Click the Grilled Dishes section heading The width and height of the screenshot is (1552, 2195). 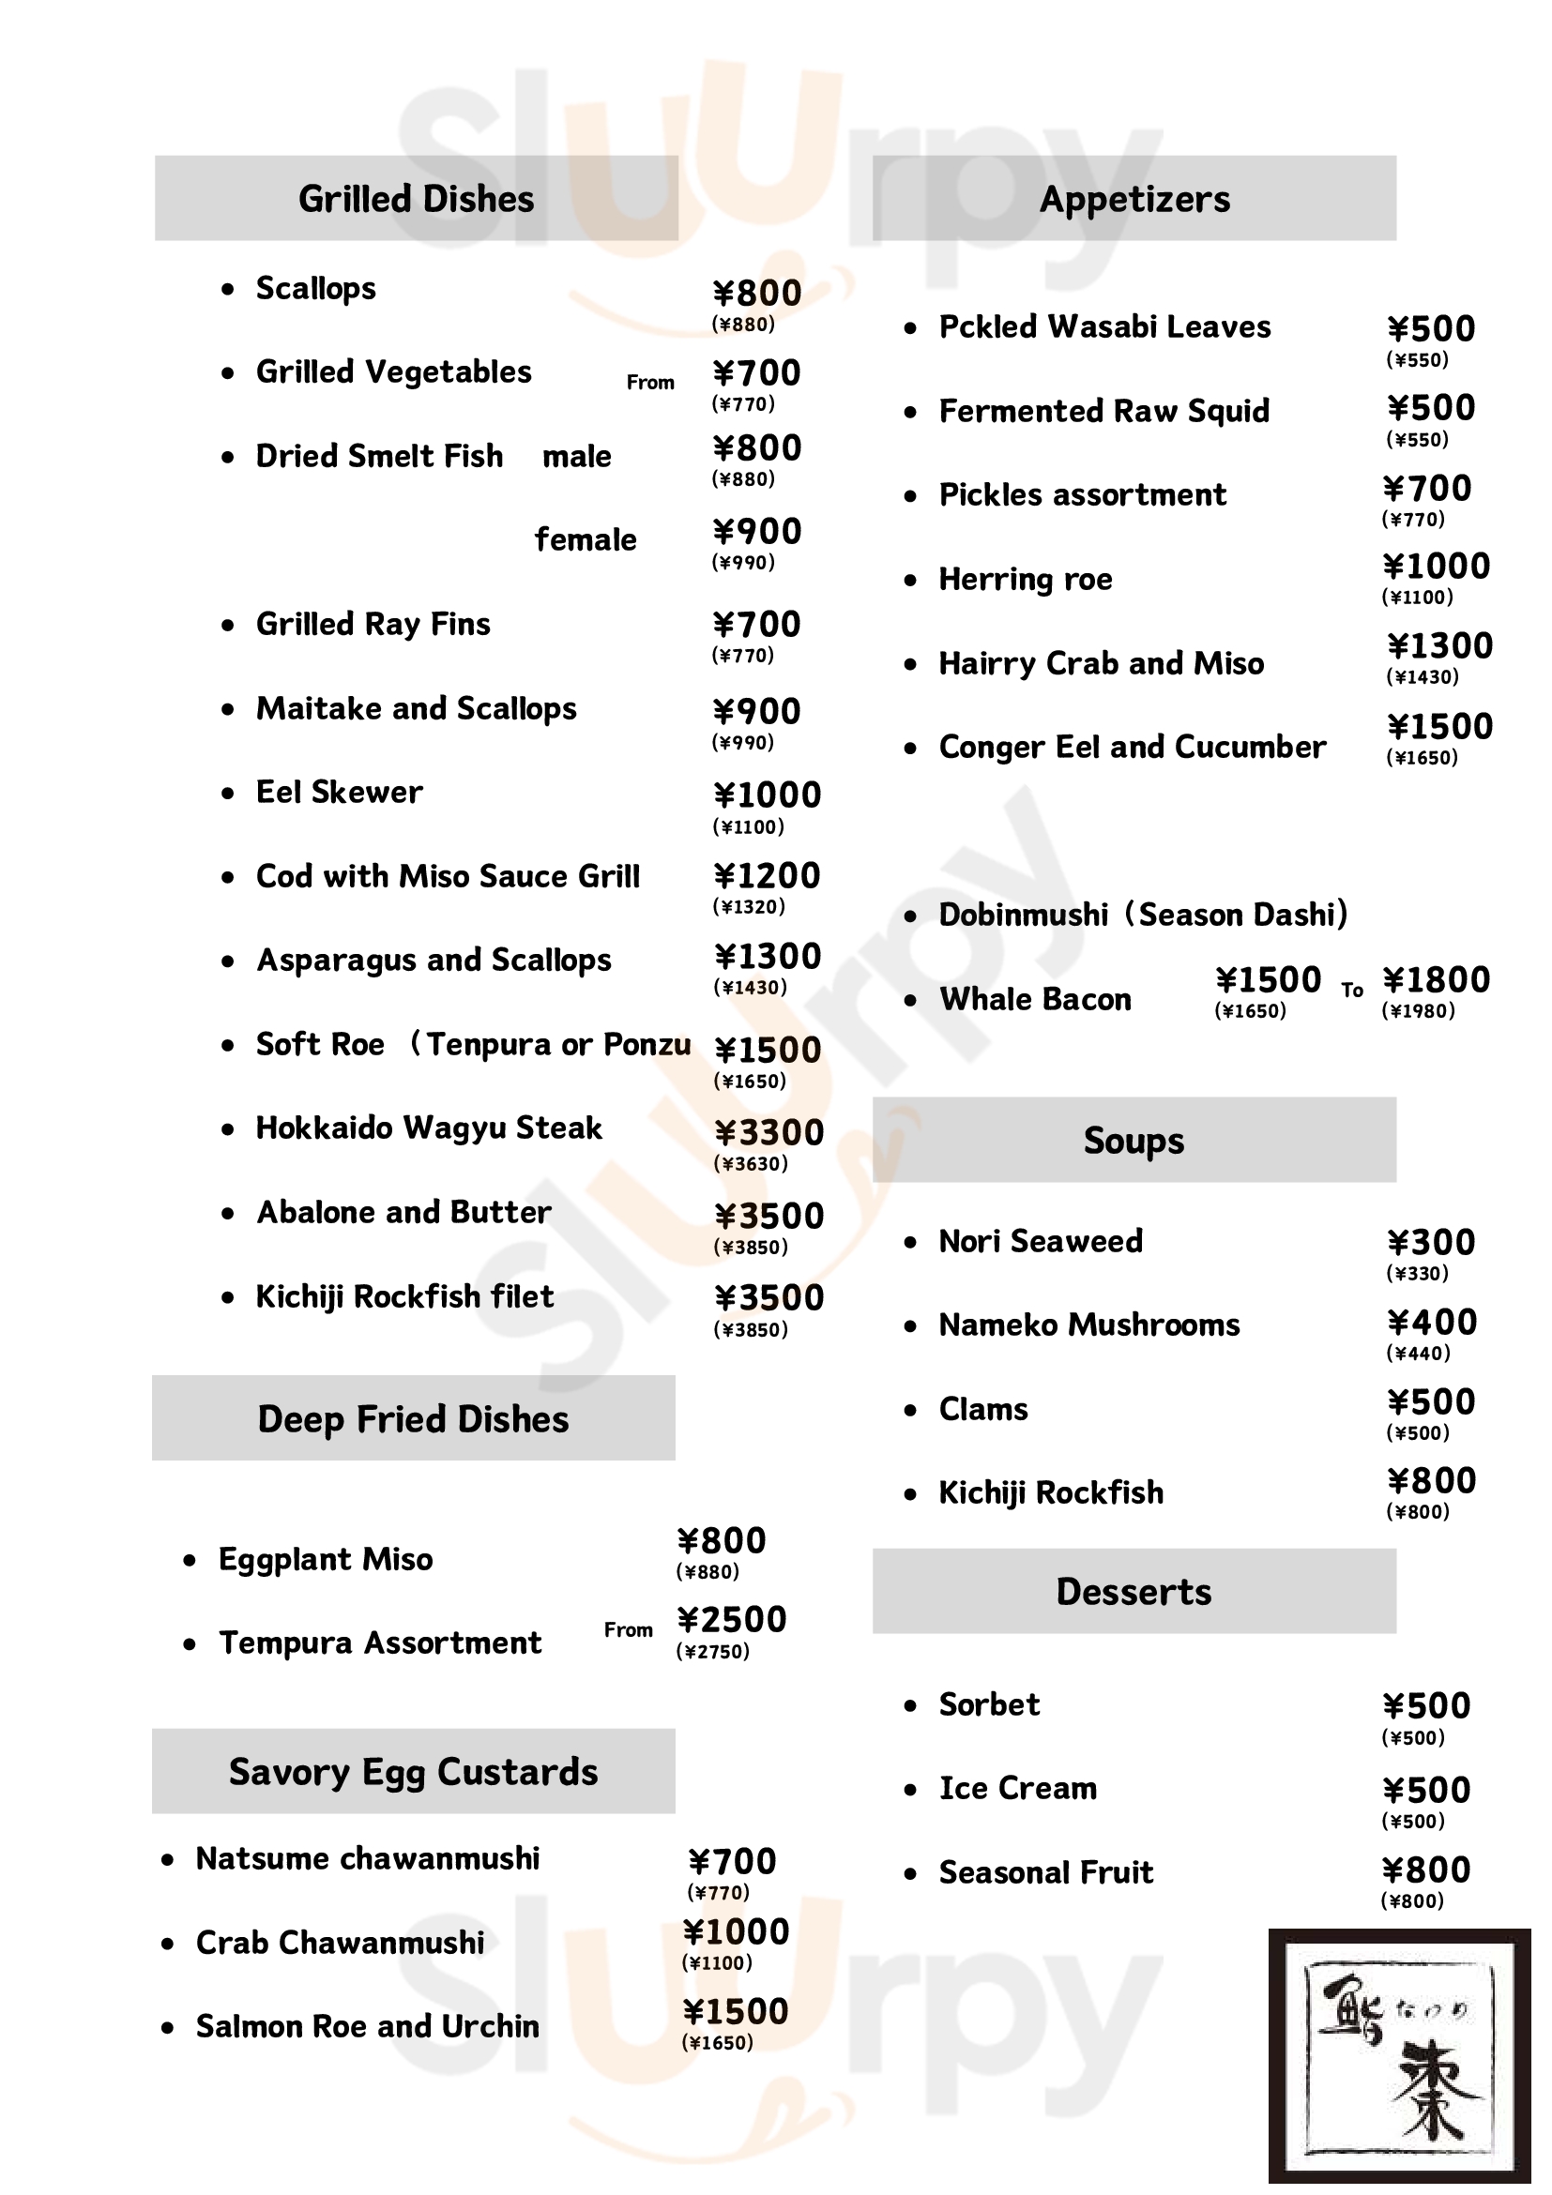[x=416, y=199]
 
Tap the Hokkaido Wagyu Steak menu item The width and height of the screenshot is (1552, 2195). [x=429, y=1128]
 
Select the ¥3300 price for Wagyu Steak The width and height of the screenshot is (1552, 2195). [x=768, y=1132]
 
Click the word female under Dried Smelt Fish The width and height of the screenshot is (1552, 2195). [x=586, y=540]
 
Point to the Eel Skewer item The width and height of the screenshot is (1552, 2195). [x=339, y=793]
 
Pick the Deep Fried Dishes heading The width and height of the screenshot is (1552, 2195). [x=413, y=1419]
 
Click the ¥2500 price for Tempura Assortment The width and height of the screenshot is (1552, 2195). [x=732, y=1619]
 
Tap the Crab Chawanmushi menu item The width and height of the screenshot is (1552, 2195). [x=340, y=1943]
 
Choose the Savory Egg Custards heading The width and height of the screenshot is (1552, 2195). [x=413, y=1772]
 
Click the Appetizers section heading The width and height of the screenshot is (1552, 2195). [x=1134, y=199]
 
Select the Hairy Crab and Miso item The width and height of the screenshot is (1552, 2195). [x=1101, y=663]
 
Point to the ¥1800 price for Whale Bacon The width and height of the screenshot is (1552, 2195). [x=1436, y=980]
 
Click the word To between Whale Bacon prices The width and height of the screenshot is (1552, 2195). [x=1351, y=991]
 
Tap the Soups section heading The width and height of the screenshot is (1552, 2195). [x=1134, y=1141]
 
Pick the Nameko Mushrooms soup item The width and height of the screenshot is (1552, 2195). [x=1088, y=1325]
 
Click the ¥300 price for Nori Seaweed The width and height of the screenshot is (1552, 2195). [x=1431, y=1243]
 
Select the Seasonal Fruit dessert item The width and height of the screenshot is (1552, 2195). [x=1045, y=1872]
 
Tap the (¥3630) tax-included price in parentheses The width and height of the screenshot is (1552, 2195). [x=751, y=1163]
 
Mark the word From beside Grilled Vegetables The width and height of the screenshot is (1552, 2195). [x=650, y=383]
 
